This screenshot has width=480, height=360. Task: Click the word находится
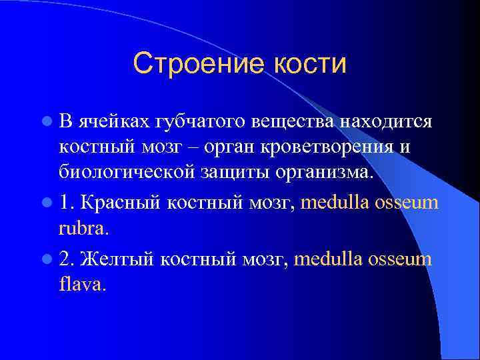click(x=387, y=123)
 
